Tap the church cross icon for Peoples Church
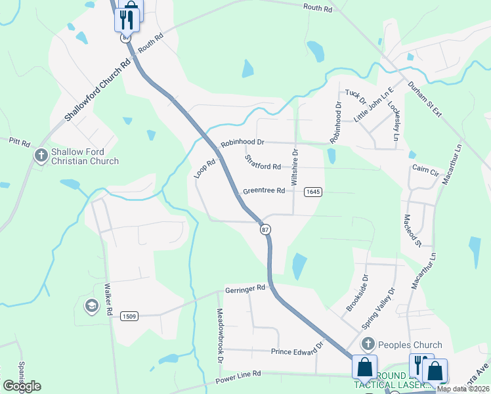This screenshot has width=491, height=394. (368, 344)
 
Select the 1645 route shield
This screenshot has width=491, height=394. (312, 191)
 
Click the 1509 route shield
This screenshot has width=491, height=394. (129, 316)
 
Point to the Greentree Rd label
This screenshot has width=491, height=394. (263, 191)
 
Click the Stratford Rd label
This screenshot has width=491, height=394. (263, 162)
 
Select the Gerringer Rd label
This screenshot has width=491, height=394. (245, 288)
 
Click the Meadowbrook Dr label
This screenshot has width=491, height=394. (221, 337)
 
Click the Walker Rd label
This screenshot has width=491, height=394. (109, 299)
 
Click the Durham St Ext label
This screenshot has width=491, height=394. (425, 99)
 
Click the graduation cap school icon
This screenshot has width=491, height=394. (91, 305)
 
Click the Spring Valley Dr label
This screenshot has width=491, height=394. (379, 309)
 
